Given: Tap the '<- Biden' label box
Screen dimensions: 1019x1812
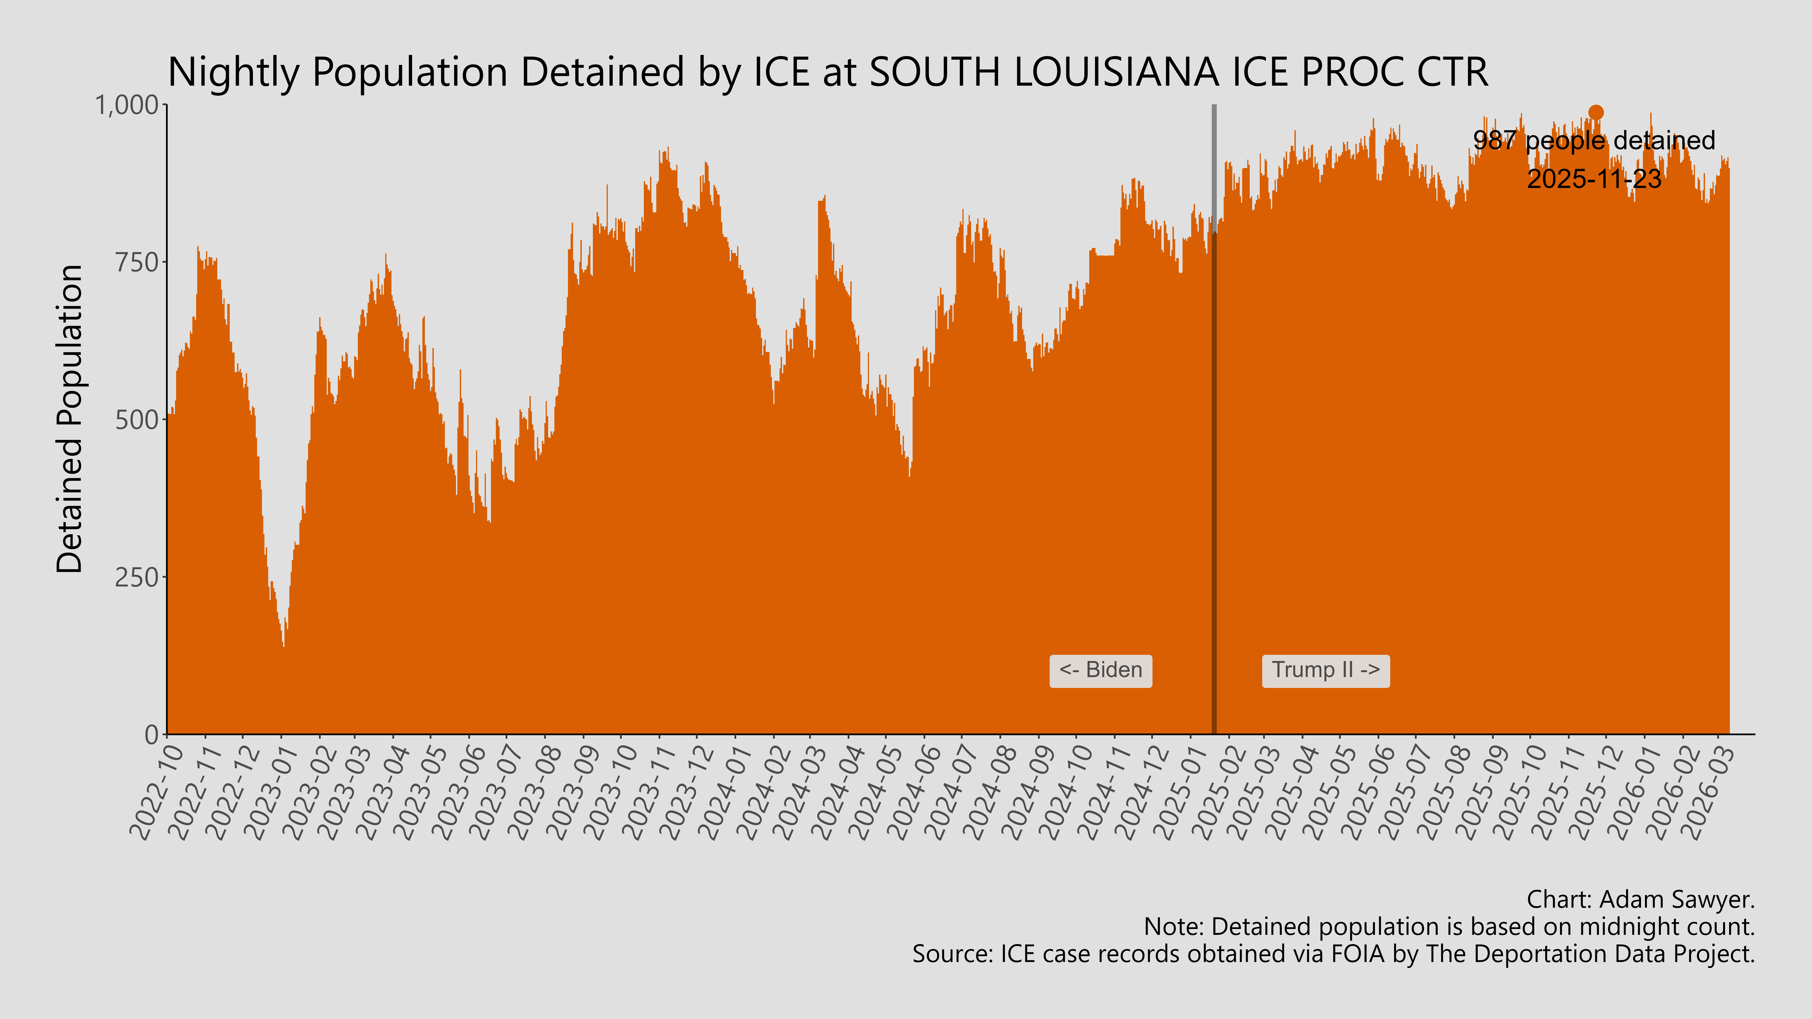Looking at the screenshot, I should point(1100,670).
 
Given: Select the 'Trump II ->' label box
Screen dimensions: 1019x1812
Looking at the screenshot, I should point(1325,670).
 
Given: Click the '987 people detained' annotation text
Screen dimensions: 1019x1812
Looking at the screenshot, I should point(1594,141).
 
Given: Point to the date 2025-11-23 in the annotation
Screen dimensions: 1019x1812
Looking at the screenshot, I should point(1594,179).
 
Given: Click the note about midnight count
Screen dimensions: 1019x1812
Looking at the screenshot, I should point(1449,927).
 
